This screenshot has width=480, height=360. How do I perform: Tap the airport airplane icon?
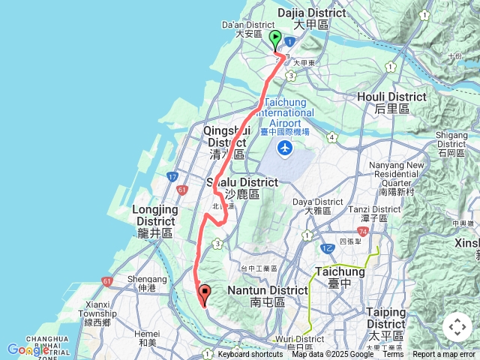pos(285,149)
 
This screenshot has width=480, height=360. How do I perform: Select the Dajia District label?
pos(312,18)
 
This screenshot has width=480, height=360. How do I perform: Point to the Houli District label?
pos(391,102)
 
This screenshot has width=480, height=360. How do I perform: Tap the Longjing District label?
pos(156,221)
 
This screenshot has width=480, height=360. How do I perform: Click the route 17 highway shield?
pos(172,177)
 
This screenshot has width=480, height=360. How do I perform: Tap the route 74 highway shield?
pos(363,232)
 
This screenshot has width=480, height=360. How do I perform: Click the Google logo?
pos(28,349)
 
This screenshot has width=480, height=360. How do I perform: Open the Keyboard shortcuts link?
pos(250,355)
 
